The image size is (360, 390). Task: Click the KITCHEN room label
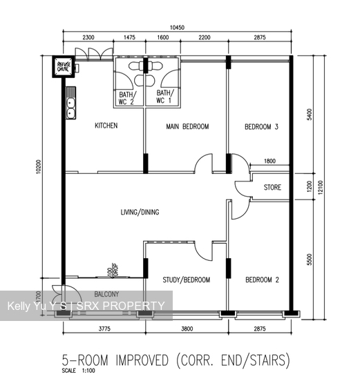(106, 126)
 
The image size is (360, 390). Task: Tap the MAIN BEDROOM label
(187, 127)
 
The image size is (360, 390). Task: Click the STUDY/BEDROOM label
(187, 280)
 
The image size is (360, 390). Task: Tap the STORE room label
(272, 187)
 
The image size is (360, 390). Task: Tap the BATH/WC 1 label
(164, 97)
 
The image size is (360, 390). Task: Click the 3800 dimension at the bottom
(186, 329)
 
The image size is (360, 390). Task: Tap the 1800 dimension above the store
(269, 162)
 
